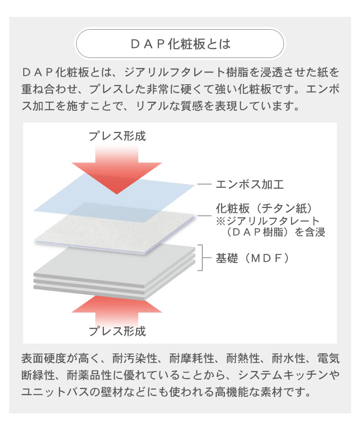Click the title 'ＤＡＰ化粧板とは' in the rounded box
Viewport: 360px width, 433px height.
tap(180, 44)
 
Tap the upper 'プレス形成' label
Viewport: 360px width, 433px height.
tap(117, 136)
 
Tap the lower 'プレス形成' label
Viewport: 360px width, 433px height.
tap(117, 331)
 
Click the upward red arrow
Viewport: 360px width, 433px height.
tap(117, 311)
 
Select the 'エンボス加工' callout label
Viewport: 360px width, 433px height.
tap(250, 185)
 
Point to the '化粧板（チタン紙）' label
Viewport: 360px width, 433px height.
tap(264, 208)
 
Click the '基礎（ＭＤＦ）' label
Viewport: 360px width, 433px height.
tap(252, 258)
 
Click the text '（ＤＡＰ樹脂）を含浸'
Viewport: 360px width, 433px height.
tap(274, 232)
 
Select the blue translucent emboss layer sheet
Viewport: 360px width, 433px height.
tap(114, 197)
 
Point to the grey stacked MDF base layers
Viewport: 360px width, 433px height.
tap(114, 272)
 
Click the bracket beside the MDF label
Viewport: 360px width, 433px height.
tap(203, 258)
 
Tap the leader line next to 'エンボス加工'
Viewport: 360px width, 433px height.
tap(204, 185)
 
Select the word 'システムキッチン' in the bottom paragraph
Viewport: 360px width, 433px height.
tap(283, 375)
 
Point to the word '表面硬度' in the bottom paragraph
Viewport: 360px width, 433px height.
tap(44, 358)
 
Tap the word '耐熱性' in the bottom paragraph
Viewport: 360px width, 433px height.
tap(243, 358)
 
